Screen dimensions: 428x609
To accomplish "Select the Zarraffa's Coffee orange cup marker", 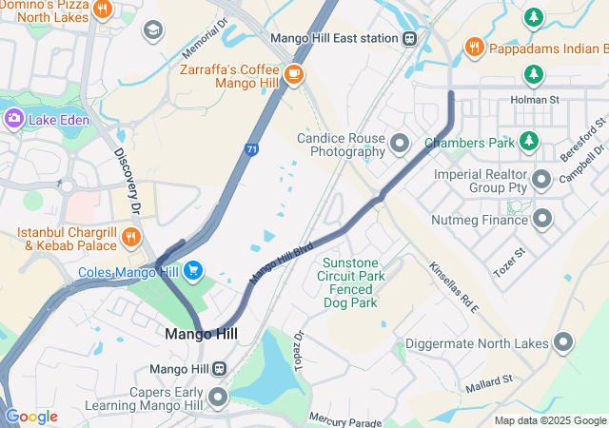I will coord(294,72).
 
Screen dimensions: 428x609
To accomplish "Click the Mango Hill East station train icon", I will coord(410,38).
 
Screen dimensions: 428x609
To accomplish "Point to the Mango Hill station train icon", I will coord(220,369).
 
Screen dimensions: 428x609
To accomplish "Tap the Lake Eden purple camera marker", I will coord(14,119).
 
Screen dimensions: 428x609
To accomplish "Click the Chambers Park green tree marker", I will coord(529,143).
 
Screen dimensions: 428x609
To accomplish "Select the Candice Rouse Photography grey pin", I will coord(400,145).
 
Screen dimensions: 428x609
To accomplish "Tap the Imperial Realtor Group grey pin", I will coord(541,179).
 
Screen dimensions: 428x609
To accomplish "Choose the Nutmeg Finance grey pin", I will coord(541,220).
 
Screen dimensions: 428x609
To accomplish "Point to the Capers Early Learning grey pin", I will coord(219,398).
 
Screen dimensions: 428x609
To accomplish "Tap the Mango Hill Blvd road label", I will coord(282,262).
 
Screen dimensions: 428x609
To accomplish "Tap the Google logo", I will coord(31,417).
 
